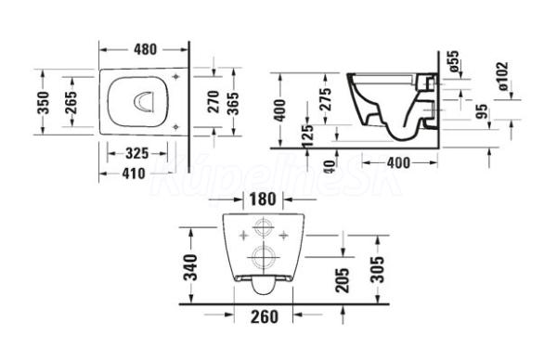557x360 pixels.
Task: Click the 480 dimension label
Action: pyautogui.click(x=146, y=50)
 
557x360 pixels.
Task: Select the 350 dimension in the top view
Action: pyautogui.click(x=43, y=103)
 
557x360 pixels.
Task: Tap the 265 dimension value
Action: pyautogui.click(x=71, y=103)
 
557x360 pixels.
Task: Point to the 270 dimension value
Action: pyautogui.click(x=214, y=102)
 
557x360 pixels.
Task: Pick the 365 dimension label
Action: pyautogui.click(x=233, y=104)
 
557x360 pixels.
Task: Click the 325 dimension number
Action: pyautogui.click(x=137, y=153)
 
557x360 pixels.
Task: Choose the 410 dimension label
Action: pyautogui.click(x=133, y=174)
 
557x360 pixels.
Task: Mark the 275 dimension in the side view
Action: pyautogui.click(x=326, y=99)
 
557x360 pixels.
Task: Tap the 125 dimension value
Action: pyautogui.click(x=307, y=135)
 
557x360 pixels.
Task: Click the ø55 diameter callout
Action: pyautogui.click(x=454, y=62)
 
